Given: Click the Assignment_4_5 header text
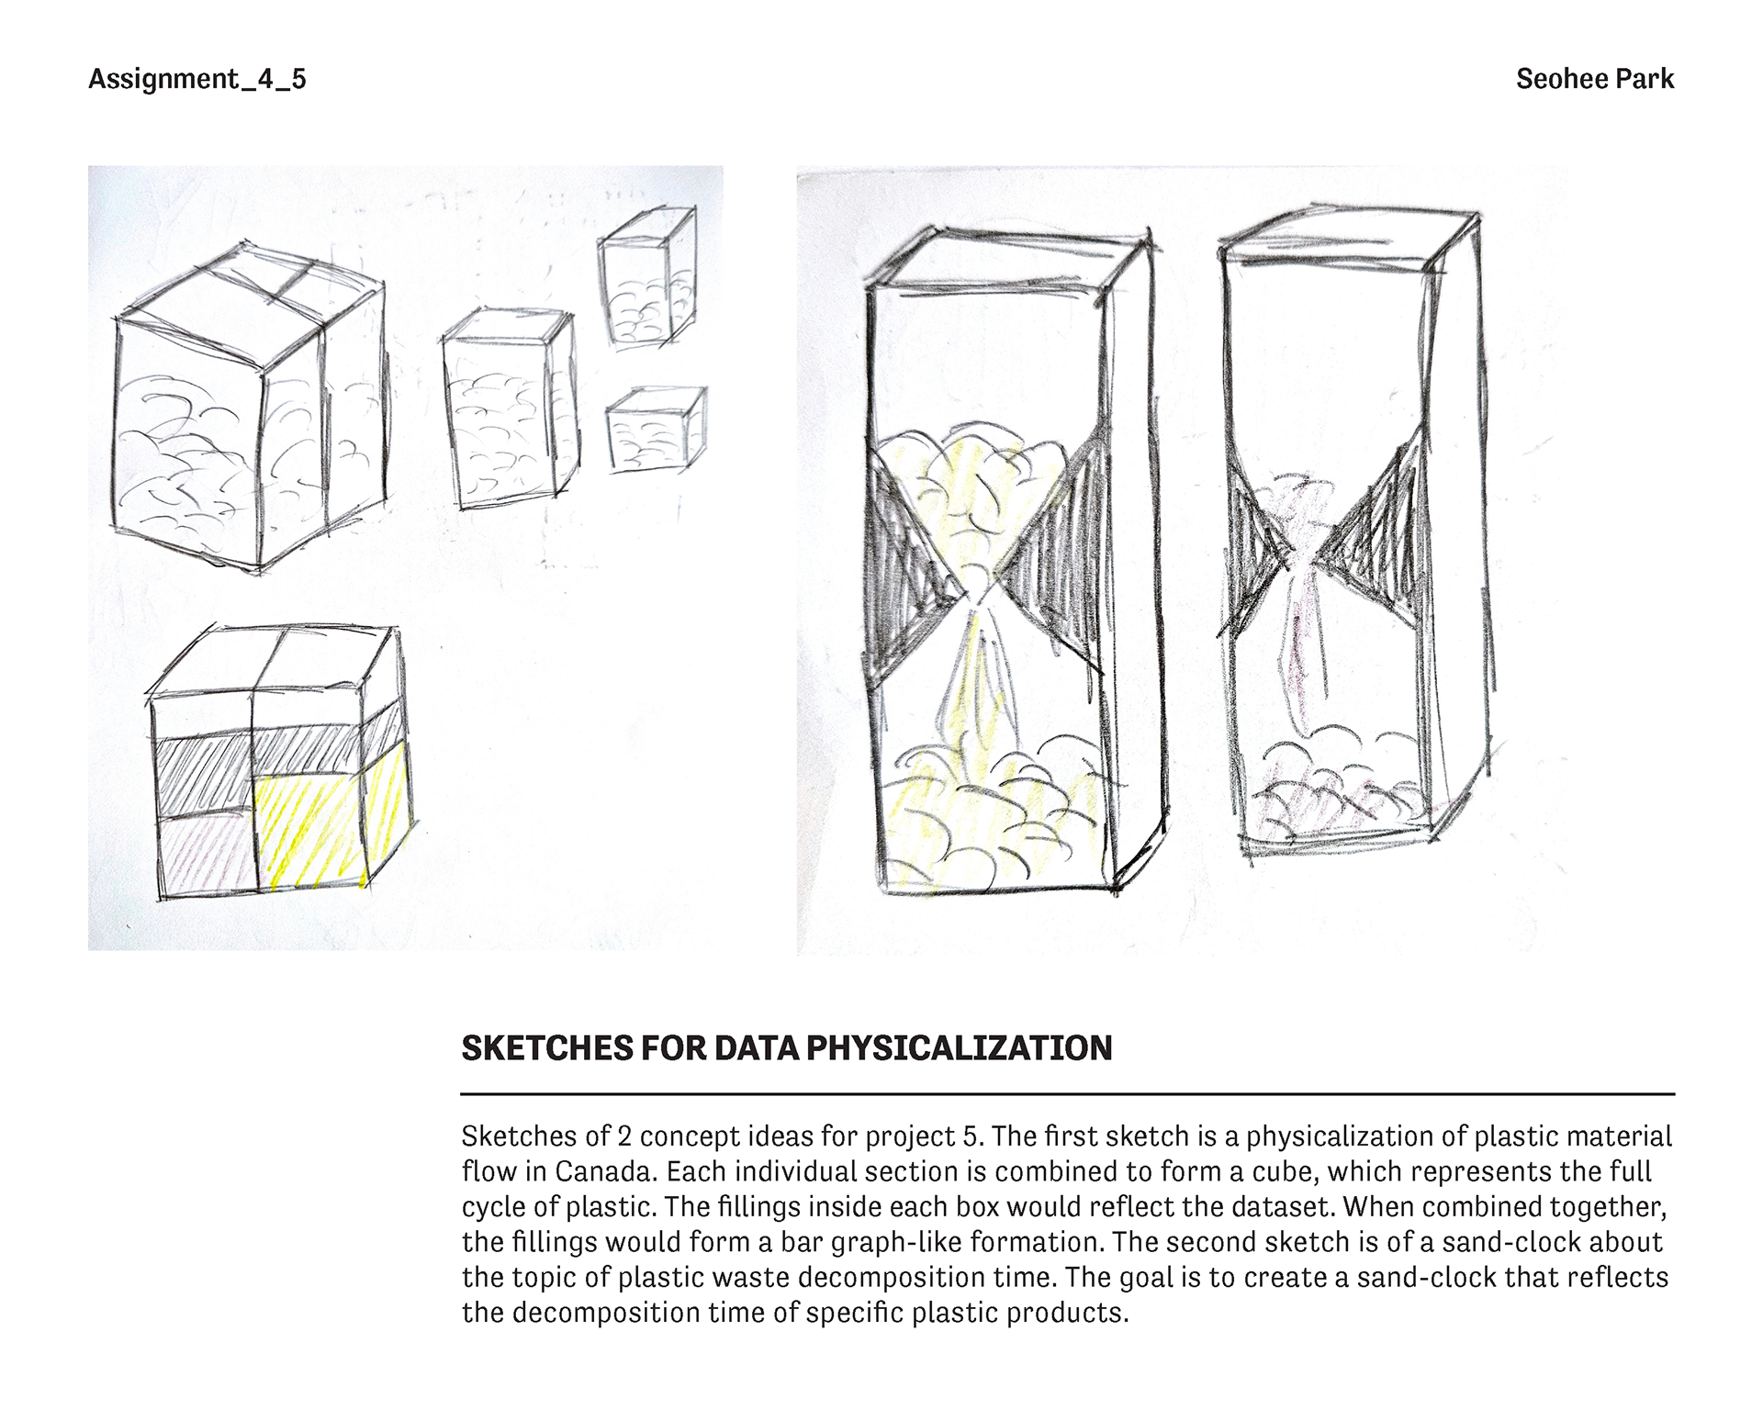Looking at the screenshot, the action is pyautogui.click(x=197, y=79).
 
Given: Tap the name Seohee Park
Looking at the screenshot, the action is pyautogui.click(x=1594, y=79).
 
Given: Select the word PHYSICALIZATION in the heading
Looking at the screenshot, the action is pyautogui.click(x=959, y=1048).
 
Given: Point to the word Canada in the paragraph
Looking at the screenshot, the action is pyautogui.click(x=606, y=1172).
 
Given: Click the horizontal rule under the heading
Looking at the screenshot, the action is pyautogui.click(x=1067, y=1094).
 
